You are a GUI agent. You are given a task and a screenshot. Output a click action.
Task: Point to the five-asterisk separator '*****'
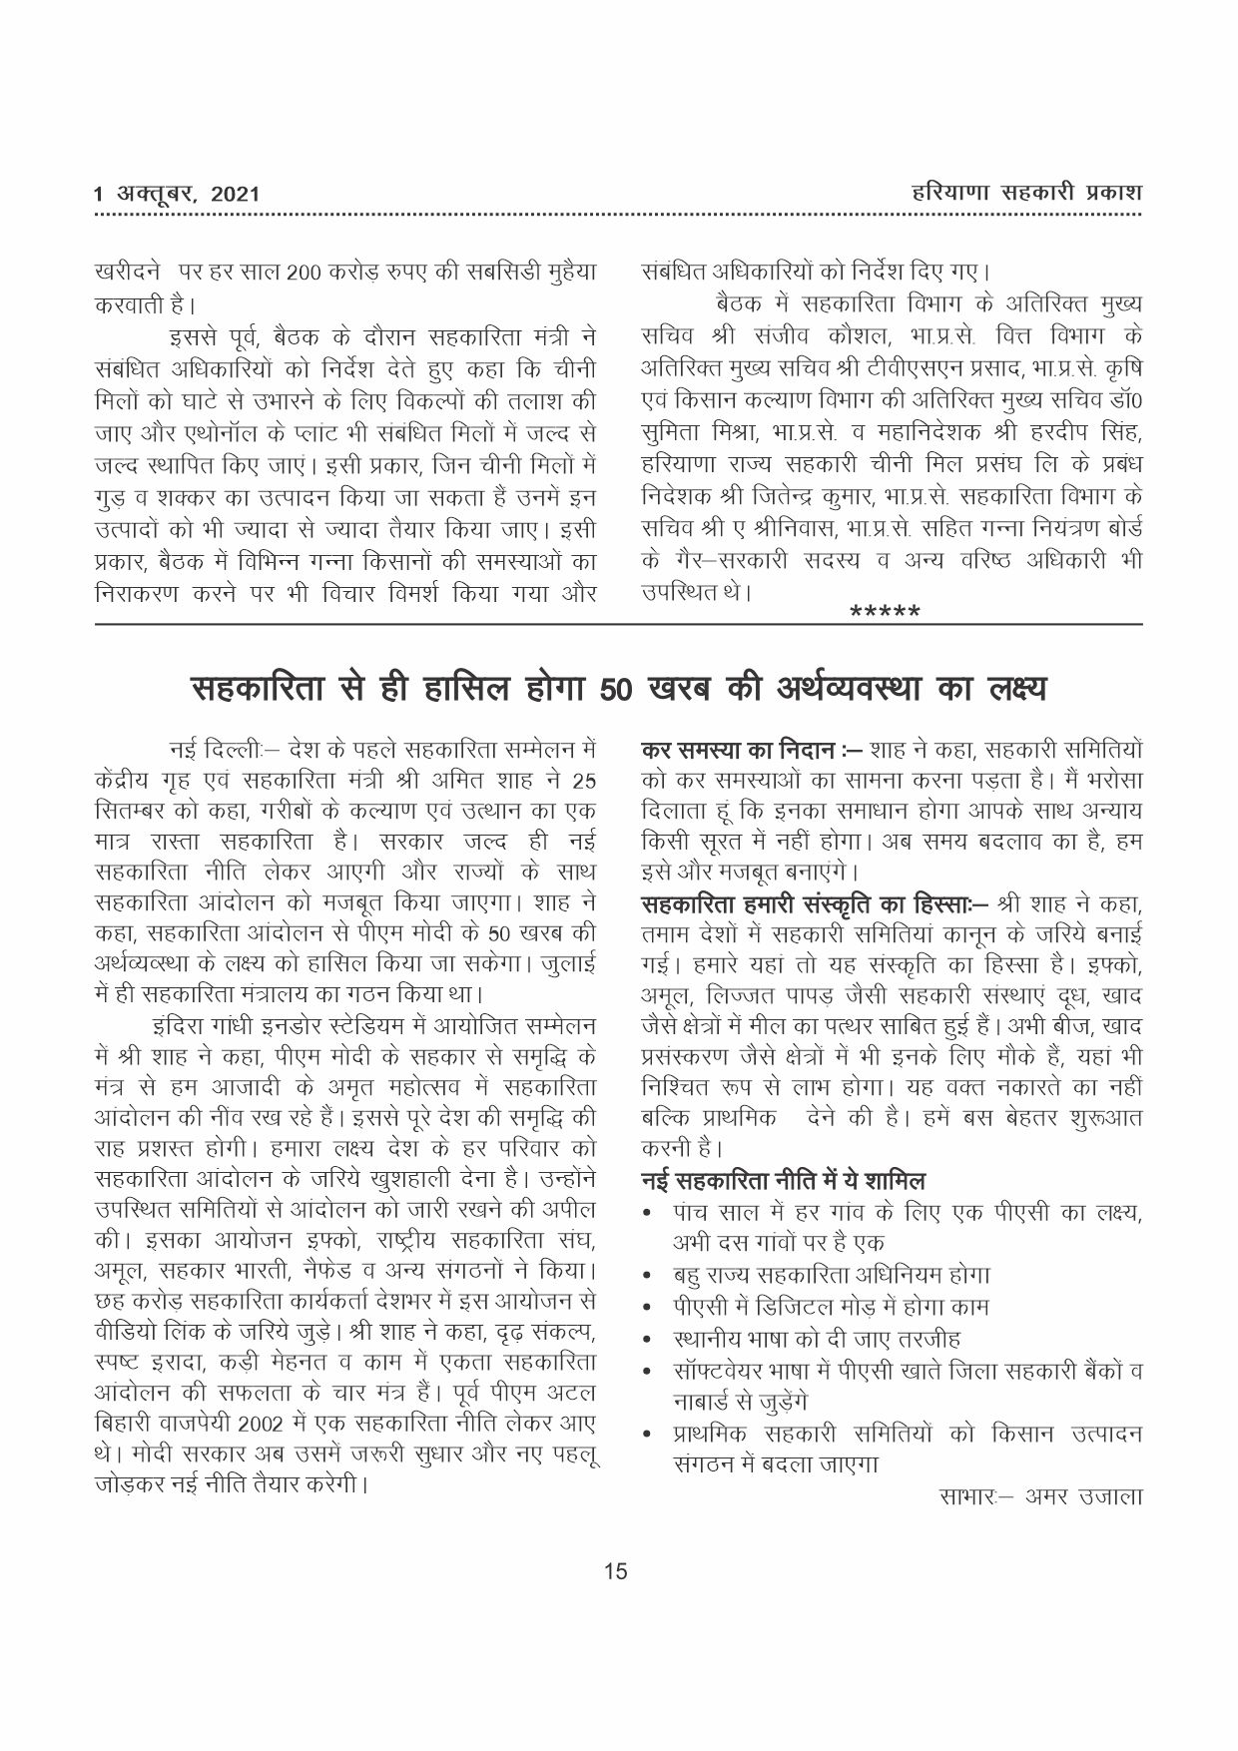click(884, 612)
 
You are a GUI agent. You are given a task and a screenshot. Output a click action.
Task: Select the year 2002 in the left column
click(296, 1422)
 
